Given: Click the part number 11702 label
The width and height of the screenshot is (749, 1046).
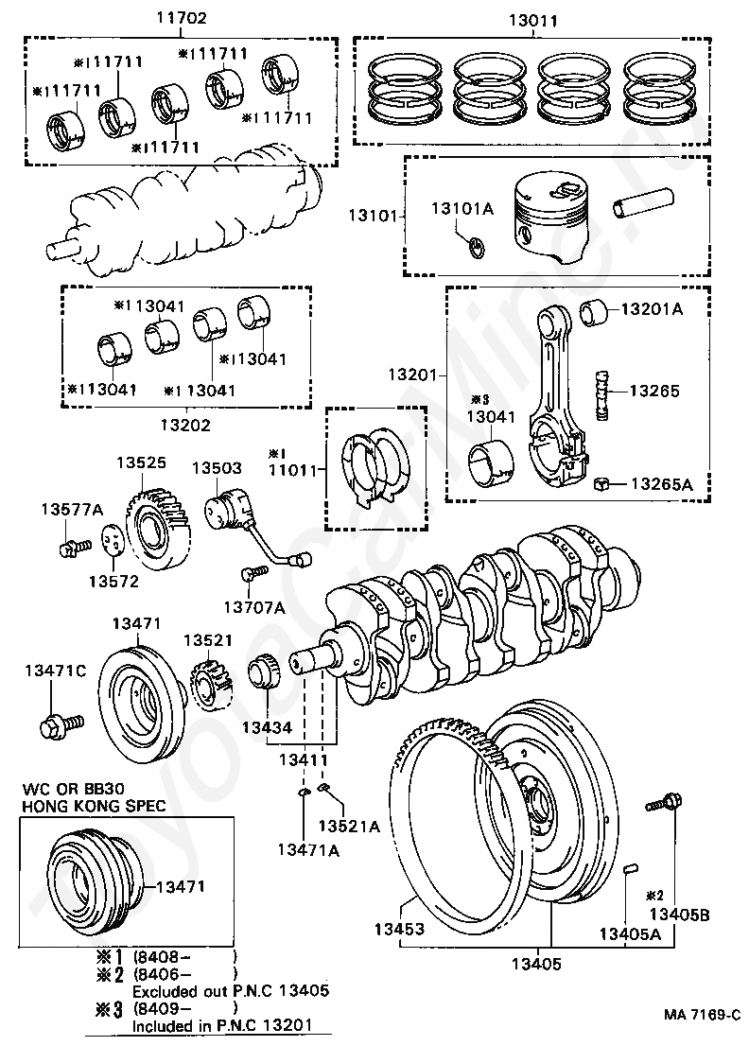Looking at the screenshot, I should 181,17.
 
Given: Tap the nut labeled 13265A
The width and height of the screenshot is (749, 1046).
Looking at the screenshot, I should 601,485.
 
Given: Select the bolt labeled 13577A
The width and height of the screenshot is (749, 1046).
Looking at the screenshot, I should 70,548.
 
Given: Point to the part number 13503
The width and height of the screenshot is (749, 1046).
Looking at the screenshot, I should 218,468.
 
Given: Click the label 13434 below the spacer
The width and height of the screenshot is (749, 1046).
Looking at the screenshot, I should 268,727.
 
